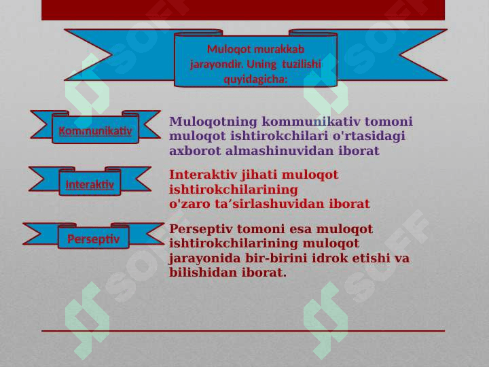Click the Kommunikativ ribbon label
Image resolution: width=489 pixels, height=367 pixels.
96,130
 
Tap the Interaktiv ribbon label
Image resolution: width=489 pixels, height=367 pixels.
90,185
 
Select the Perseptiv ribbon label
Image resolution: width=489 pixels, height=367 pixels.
94,239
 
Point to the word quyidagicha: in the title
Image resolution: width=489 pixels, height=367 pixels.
255,80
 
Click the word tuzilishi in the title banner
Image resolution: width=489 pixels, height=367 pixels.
302,65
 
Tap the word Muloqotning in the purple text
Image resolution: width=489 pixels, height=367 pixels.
213,122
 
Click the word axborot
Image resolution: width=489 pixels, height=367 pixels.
195,151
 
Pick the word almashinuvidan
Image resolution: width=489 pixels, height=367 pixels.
280,151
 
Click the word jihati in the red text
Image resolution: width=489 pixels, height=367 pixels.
259,175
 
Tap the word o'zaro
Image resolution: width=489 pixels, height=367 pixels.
189,204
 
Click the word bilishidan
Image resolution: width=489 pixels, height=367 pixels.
203,273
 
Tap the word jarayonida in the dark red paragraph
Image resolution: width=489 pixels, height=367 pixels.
205,258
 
